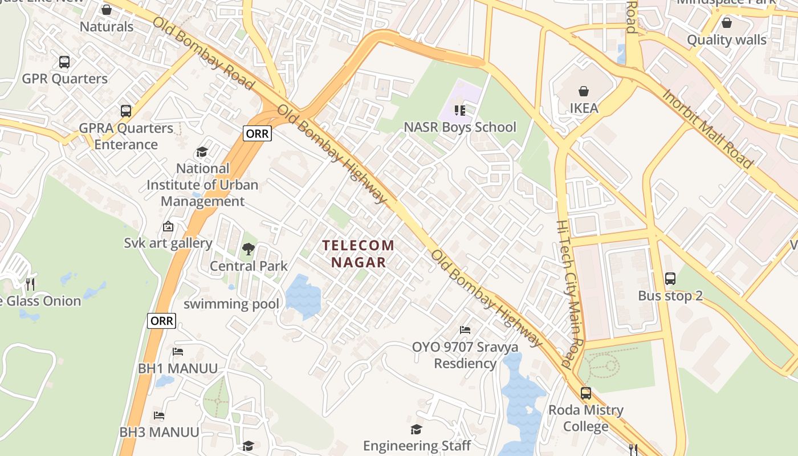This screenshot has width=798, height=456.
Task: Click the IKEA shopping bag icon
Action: (584, 91)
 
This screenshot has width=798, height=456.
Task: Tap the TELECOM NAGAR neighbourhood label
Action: (359, 254)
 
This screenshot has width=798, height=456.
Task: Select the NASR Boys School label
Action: (460, 127)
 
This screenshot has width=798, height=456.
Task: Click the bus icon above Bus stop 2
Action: (670, 279)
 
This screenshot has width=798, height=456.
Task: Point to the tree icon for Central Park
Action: (248, 249)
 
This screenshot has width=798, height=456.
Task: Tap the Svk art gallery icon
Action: (168, 226)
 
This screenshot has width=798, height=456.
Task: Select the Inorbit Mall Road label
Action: (707, 128)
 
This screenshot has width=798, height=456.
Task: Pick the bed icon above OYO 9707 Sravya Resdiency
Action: (465, 330)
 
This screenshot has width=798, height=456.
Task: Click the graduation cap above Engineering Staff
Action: (417, 429)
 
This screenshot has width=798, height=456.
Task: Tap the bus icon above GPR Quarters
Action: (64, 62)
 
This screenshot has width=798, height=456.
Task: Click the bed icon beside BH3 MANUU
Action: (159, 416)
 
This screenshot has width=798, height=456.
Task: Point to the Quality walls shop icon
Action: (727, 23)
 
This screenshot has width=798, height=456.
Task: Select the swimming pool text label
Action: (231, 304)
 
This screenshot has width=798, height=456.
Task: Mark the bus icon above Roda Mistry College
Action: (586, 393)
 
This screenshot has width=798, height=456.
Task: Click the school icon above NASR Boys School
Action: (460, 110)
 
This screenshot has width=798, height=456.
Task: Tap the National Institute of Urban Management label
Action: (202, 185)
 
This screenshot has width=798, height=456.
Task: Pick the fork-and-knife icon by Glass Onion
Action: (30, 283)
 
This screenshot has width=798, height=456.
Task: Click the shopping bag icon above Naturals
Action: (107, 10)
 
